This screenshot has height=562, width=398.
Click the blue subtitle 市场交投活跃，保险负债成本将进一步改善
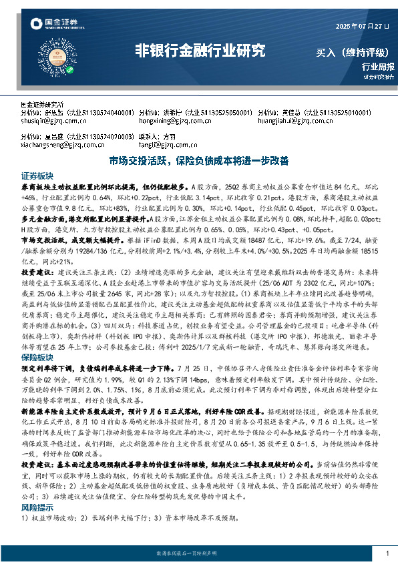(x=199, y=161)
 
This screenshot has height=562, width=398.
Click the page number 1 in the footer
(x=387, y=554)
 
